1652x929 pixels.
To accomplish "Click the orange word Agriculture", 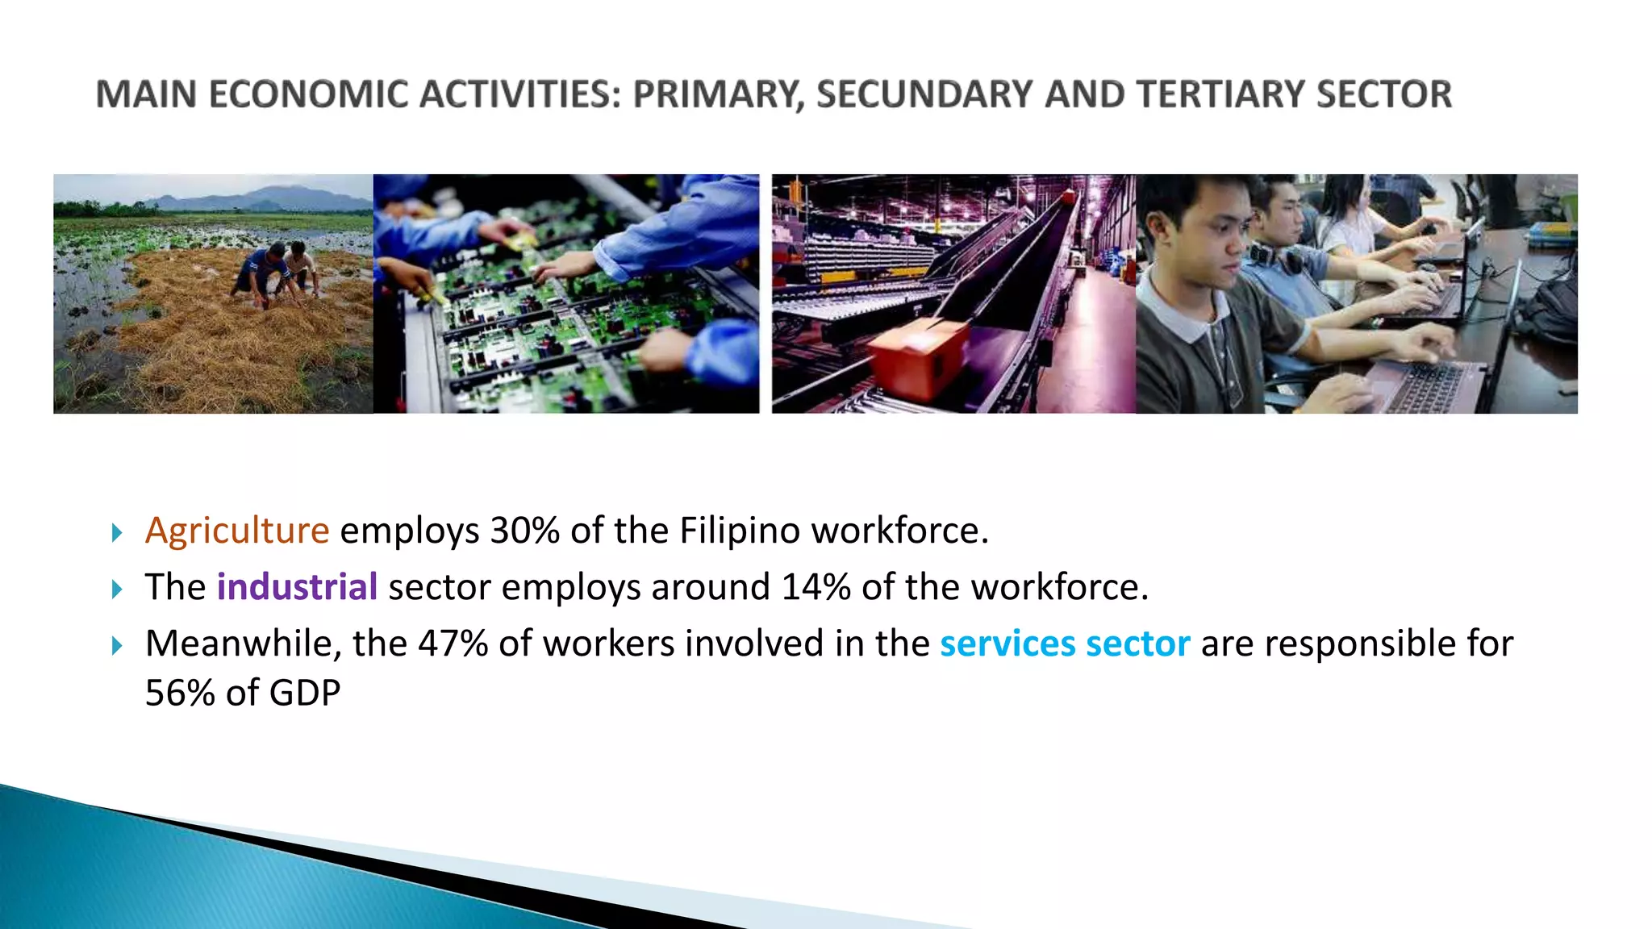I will click(x=237, y=531).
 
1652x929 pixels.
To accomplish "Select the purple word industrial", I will click(x=297, y=587).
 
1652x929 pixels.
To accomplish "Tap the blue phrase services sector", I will click(x=1065, y=644).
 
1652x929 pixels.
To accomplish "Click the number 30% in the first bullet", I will click(x=524, y=531).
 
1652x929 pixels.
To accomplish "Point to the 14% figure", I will click(x=816, y=587).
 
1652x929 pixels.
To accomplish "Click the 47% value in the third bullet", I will click(x=453, y=644).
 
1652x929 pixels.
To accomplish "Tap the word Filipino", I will click(x=740, y=531).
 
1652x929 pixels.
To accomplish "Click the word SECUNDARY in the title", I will click(x=924, y=94).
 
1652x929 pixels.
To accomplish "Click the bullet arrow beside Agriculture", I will click(x=118, y=532).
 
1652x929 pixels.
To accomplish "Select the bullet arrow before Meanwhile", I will click(x=118, y=645).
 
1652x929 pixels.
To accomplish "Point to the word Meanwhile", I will click(x=238, y=644).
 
